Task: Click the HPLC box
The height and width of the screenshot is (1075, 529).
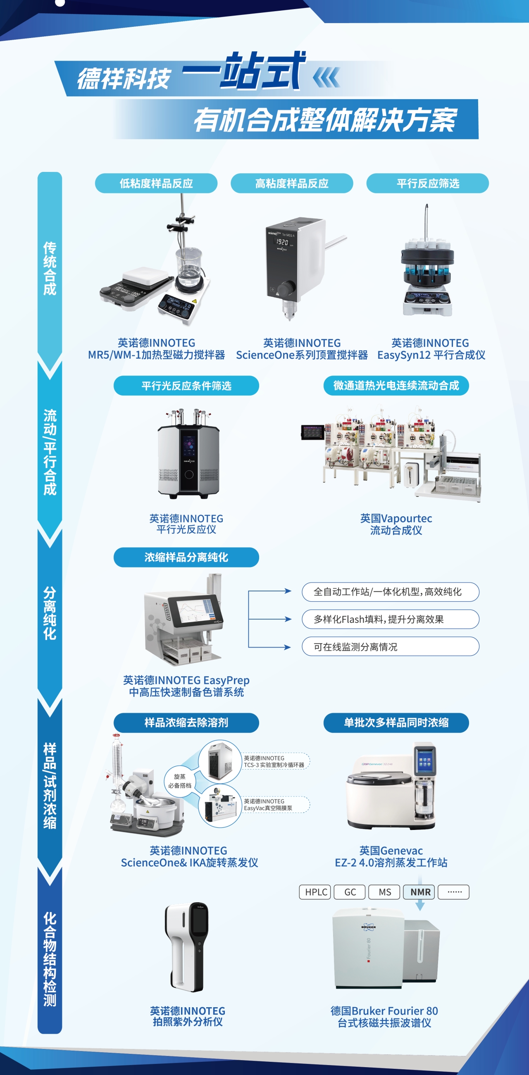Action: tap(315, 892)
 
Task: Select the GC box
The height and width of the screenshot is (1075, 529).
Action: tap(350, 892)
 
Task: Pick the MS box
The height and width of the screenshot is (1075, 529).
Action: tap(384, 892)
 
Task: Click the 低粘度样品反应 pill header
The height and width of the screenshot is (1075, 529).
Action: tap(156, 183)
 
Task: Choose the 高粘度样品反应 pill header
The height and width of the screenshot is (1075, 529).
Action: tap(292, 183)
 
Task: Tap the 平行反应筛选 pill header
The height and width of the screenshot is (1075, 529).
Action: tap(427, 183)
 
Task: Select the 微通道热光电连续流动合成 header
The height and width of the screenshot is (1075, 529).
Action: tap(396, 386)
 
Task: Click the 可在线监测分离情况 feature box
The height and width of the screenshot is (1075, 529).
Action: tap(390, 646)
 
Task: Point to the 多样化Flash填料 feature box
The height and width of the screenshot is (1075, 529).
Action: tap(390, 619)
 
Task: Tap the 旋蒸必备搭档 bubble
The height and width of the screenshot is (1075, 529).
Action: tap(180, 781)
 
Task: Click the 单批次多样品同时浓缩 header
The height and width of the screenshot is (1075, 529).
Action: tap(396, 722)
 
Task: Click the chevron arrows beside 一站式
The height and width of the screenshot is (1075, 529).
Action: tap(326, 78)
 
